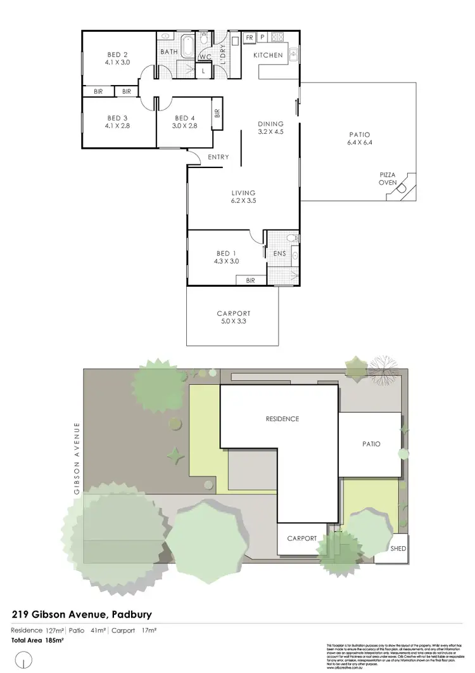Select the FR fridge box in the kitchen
[250, 38]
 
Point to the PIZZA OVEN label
[388, 178]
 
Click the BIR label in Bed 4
[217, 114]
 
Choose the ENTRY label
[218, 157]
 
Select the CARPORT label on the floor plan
[233, 313]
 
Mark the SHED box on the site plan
[398, 549]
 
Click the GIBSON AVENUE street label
[77, 458]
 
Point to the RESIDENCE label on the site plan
[282, 419]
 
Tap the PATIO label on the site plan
[371, 444]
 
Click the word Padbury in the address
[132, 614]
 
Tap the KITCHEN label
[268, 55]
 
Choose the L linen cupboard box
[203, 71]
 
